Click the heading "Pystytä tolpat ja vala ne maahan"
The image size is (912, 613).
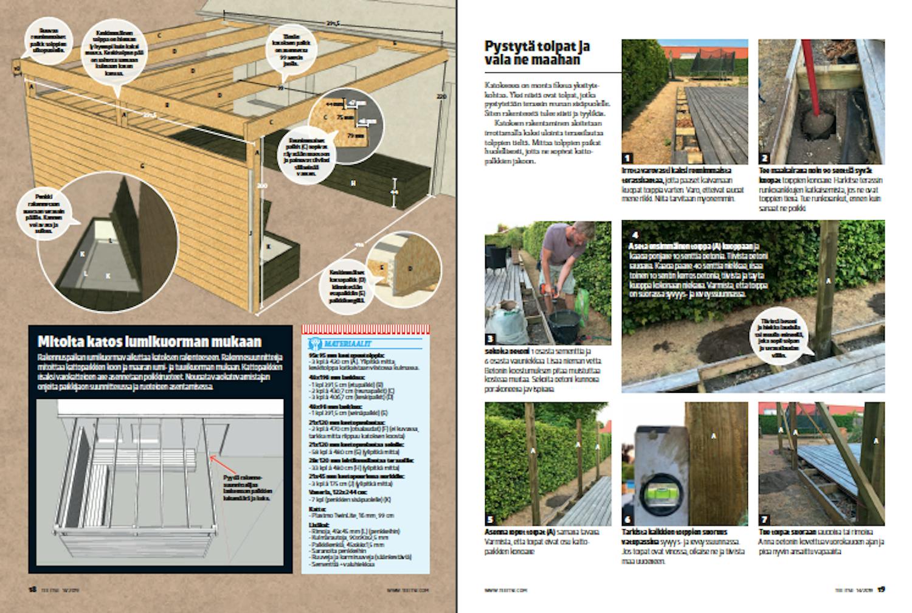click(x=537, y=53)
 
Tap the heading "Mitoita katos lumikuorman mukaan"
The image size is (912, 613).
click(x=150, y=341)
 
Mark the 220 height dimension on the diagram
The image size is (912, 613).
click(x=442, y=97)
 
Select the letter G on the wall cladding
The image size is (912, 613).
click(x=142, y=165)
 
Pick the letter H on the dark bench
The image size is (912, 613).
click(x=353, y=182)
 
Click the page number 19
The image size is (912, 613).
click(x=880, y=589)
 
